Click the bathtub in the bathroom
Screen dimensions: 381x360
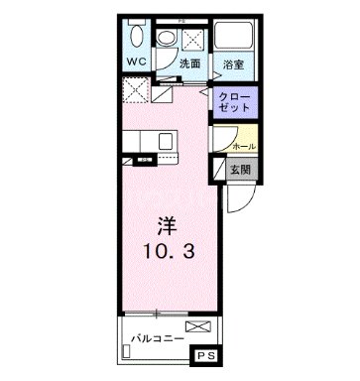pyautogui.click(x=236, y=38)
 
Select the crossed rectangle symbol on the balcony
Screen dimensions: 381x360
pyautogui.click(x=197, y=326)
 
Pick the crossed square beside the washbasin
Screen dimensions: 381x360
pyautogui.click(x=193, y=38)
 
